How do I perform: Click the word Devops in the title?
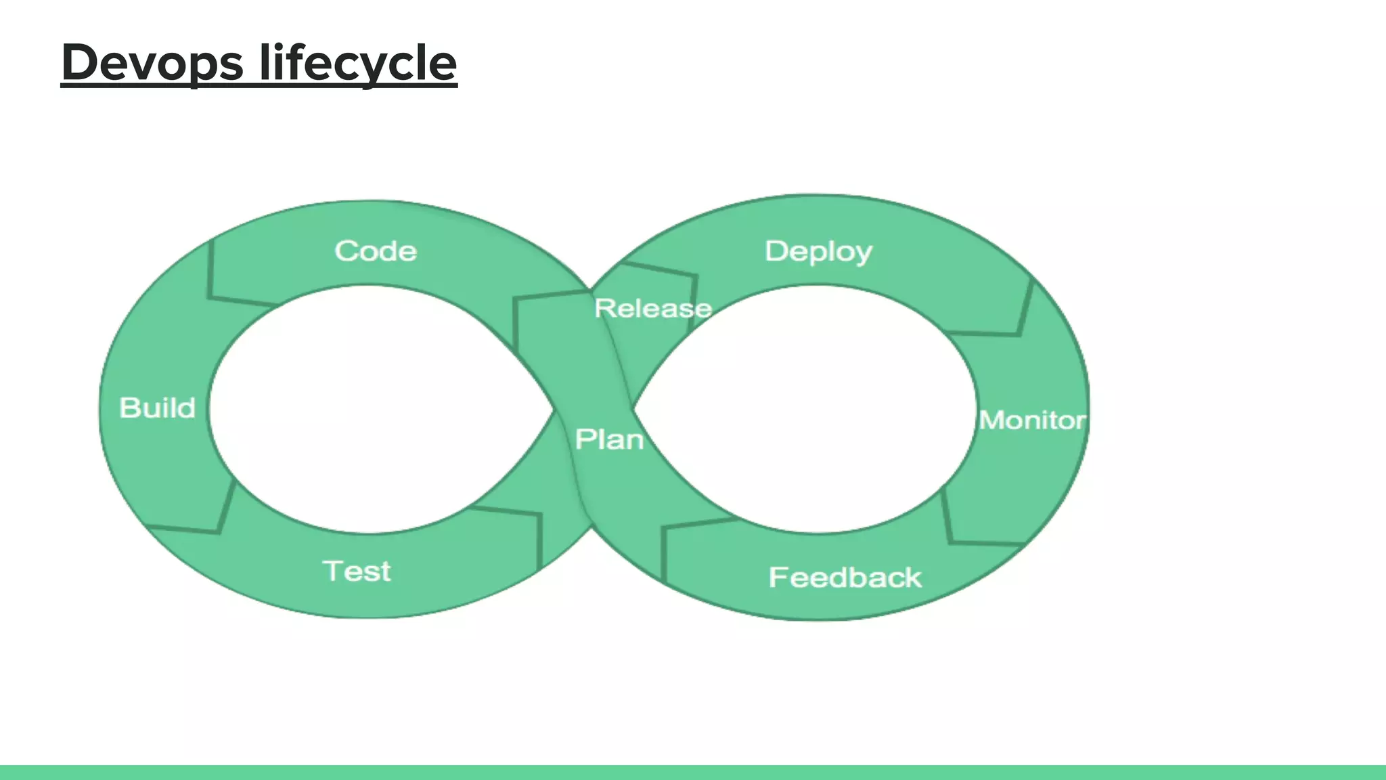[152, 63]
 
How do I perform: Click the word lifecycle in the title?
[358, 63]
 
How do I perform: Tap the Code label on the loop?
[376, 251]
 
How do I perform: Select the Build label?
[157, 408]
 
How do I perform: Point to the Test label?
[357, 571]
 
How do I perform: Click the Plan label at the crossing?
[609, 439]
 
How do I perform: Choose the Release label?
[652, 309]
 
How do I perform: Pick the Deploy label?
[818, 251]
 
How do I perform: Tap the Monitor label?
[1032, 420]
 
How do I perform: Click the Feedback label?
[845, 578]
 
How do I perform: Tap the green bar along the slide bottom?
[693, 772]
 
